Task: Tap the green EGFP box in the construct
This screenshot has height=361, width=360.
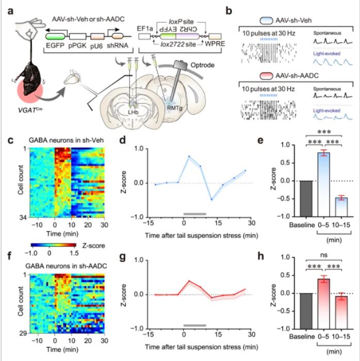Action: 56,38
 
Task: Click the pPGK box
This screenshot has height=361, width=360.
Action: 77,38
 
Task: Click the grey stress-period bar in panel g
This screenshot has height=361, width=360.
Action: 194,325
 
